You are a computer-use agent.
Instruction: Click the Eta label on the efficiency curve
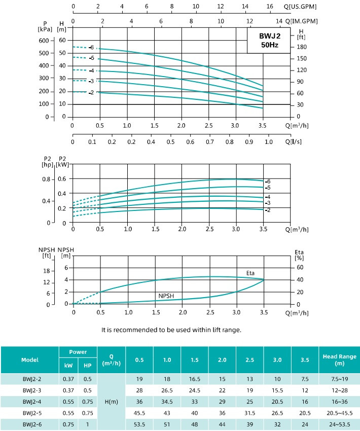(x=250, y=273)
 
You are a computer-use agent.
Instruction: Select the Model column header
(x=29, y=360)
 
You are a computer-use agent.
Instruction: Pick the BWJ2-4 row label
(x=29, y=401)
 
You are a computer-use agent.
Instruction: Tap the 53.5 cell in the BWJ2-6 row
(x=139, y=424)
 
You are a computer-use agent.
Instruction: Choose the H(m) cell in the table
(x=111, y=401)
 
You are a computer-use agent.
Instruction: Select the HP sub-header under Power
(x=87, y=366)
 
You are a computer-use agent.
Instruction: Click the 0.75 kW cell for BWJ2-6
(x=68, y=424)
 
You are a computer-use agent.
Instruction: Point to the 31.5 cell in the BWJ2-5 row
(x=249, y=412)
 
